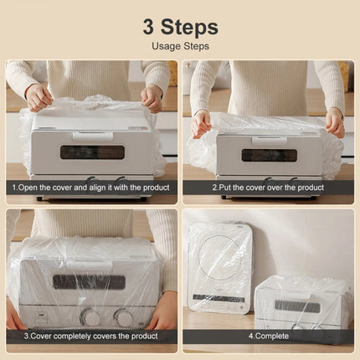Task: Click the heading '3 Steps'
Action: [180, 26]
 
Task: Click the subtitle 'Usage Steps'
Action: [180, 46]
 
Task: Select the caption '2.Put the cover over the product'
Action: [268, 188]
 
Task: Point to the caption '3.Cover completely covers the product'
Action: [91, 336]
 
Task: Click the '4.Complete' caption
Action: [268, 336]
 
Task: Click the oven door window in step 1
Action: [92, 152]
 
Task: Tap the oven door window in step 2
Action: [269, 155]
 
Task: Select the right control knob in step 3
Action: [124, 317]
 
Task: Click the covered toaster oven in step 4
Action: [301, 301]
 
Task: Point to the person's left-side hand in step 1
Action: [37, 96]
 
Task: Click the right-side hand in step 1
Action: [152, 98]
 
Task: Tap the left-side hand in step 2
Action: [201, 124]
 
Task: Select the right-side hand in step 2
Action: [334, 121]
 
